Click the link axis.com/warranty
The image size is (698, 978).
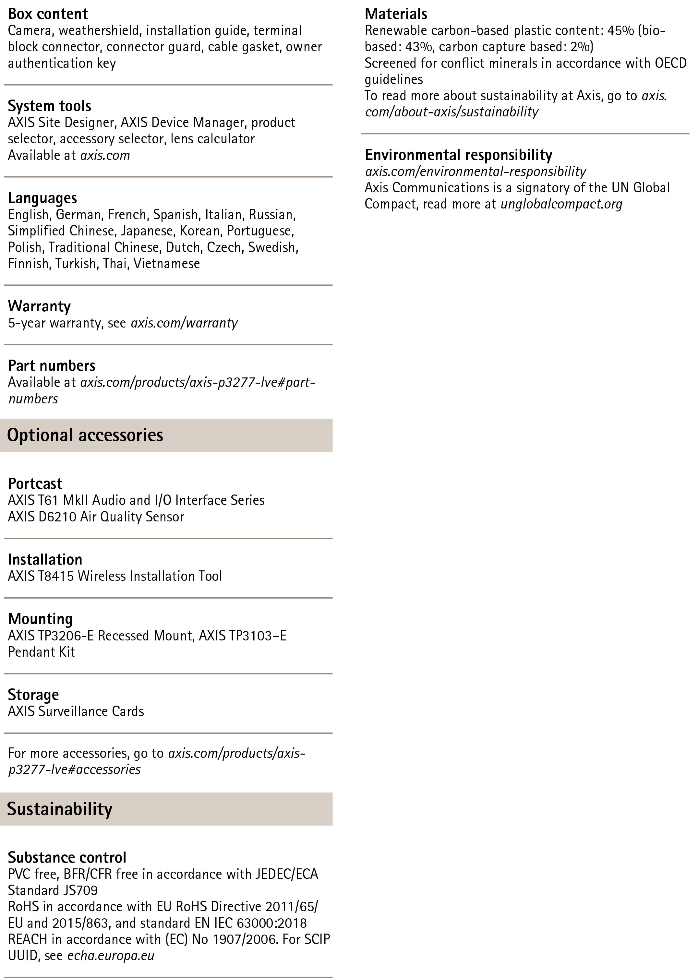(x=184, y=323)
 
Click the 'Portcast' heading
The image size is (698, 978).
(x=35, y=483)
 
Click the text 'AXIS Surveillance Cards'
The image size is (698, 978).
(x=76, y=711)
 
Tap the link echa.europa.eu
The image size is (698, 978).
(x=111, y=956)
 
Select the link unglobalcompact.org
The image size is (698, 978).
(x=561, y=204)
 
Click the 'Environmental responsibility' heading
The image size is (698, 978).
(x=459, y=155)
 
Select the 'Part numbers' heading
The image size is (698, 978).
(x=52, y=366)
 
